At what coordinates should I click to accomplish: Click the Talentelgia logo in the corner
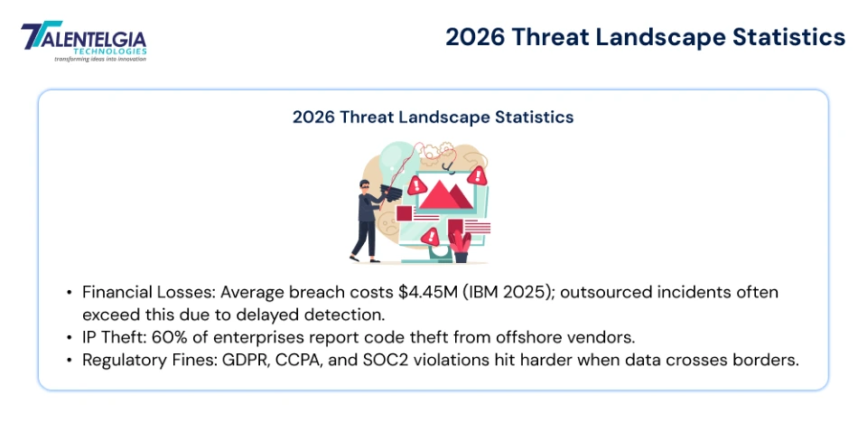point(83,40)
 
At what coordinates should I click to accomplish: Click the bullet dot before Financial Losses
point(70,294)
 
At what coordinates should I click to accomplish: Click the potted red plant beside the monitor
point(461,244)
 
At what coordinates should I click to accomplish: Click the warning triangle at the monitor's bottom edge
point(432,236)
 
